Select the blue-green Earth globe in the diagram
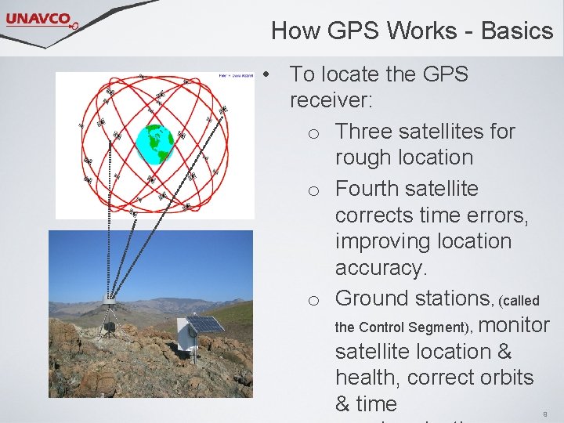[154, 143]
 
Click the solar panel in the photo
[204, 324]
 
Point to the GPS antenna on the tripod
[109, 299]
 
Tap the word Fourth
[367, 189]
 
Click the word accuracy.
[381, 268]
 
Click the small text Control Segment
[402, 327]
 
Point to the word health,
[367, 378]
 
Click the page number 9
[544, 413]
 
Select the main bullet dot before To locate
[267, 75]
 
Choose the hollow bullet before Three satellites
[313, 133]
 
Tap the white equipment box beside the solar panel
[185, 335]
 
